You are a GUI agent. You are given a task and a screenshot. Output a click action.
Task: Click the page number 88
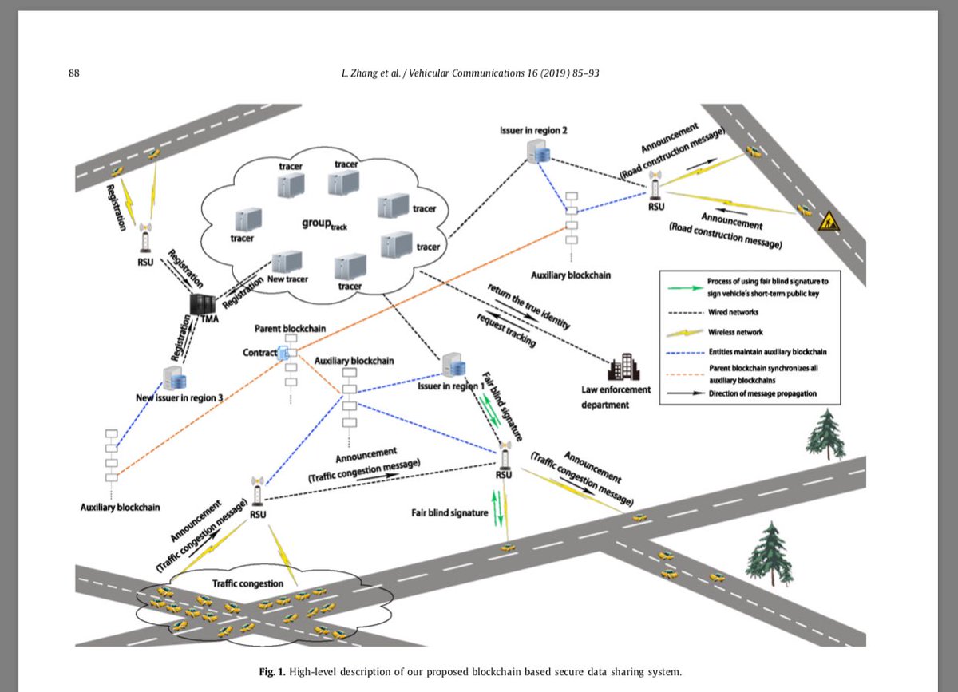point(75,73)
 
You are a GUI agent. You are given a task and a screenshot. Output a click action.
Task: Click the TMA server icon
point(202,305)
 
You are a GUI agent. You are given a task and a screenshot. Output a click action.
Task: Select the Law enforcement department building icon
point(620,369)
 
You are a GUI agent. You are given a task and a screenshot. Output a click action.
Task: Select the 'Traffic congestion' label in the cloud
point(247,583)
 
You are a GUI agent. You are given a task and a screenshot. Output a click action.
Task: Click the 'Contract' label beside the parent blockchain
point(259,352)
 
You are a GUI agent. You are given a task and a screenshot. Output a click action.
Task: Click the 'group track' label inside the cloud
point(324,224)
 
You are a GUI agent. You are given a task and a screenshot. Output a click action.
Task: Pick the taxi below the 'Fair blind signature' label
point(507,548)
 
